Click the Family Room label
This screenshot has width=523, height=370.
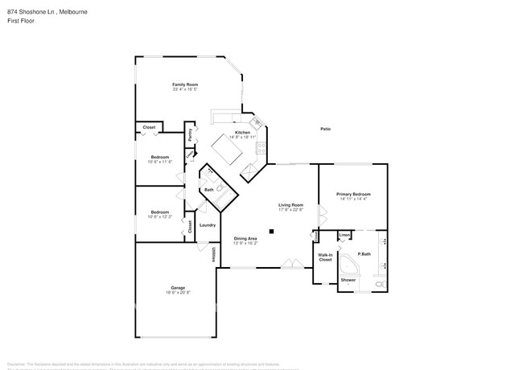coord(184,84)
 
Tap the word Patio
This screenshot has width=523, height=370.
coord(326,129)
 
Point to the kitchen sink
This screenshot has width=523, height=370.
coord(255,123)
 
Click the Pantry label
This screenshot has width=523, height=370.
coord(190,137)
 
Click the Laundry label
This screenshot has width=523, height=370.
coord(208,225)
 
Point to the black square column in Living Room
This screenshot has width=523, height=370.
coord(272,232)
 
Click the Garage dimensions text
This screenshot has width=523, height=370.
coord(178,293)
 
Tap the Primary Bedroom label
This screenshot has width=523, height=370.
coord(353,195)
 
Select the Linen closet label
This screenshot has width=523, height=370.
coord(344,236)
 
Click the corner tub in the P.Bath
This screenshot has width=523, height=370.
coord(347,267)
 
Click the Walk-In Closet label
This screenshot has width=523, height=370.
coord(325,257)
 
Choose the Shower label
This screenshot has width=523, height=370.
coord(348,280)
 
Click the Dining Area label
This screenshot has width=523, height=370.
coord(245,238)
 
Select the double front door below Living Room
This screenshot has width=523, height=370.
coord(293,262)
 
